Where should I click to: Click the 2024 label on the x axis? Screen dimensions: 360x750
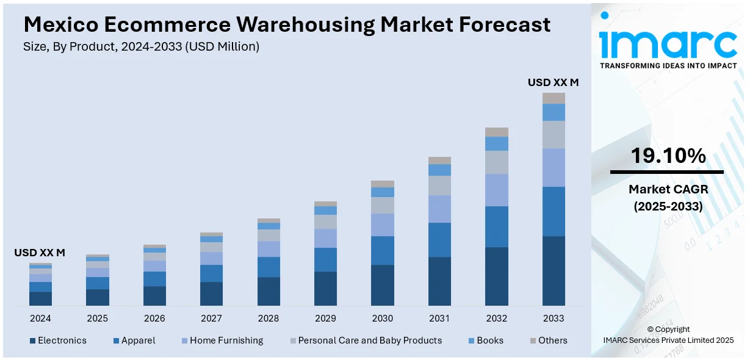tap(40, 319)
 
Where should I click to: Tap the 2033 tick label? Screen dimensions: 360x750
tap(553, 319)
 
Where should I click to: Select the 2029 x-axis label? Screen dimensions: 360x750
tap(325, 319)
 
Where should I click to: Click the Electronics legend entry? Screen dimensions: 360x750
tap(62, 340)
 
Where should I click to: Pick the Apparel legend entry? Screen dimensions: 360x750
tap(138, 340)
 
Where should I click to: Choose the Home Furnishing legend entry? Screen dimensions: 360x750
tap(226, 340)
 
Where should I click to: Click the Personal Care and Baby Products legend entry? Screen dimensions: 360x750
tap(369, 340)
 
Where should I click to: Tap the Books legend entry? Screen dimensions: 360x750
tap(490, 340)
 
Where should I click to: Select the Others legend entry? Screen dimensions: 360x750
tap(552, 340)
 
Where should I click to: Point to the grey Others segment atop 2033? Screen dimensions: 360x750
tap(553, 98)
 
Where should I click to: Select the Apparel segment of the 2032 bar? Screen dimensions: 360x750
tap(497, 226)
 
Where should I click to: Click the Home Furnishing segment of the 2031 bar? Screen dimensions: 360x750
tap(439, 209)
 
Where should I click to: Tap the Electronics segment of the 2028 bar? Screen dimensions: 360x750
tap(269, 291)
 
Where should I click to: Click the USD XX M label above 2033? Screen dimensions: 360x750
tap(553, 82)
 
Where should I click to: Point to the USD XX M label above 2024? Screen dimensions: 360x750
tap(40, 253)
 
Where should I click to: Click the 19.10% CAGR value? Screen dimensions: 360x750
tap(668, 156)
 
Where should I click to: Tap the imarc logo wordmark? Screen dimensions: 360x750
tap(668, 43)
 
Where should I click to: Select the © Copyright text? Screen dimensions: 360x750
tap(668, 329)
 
